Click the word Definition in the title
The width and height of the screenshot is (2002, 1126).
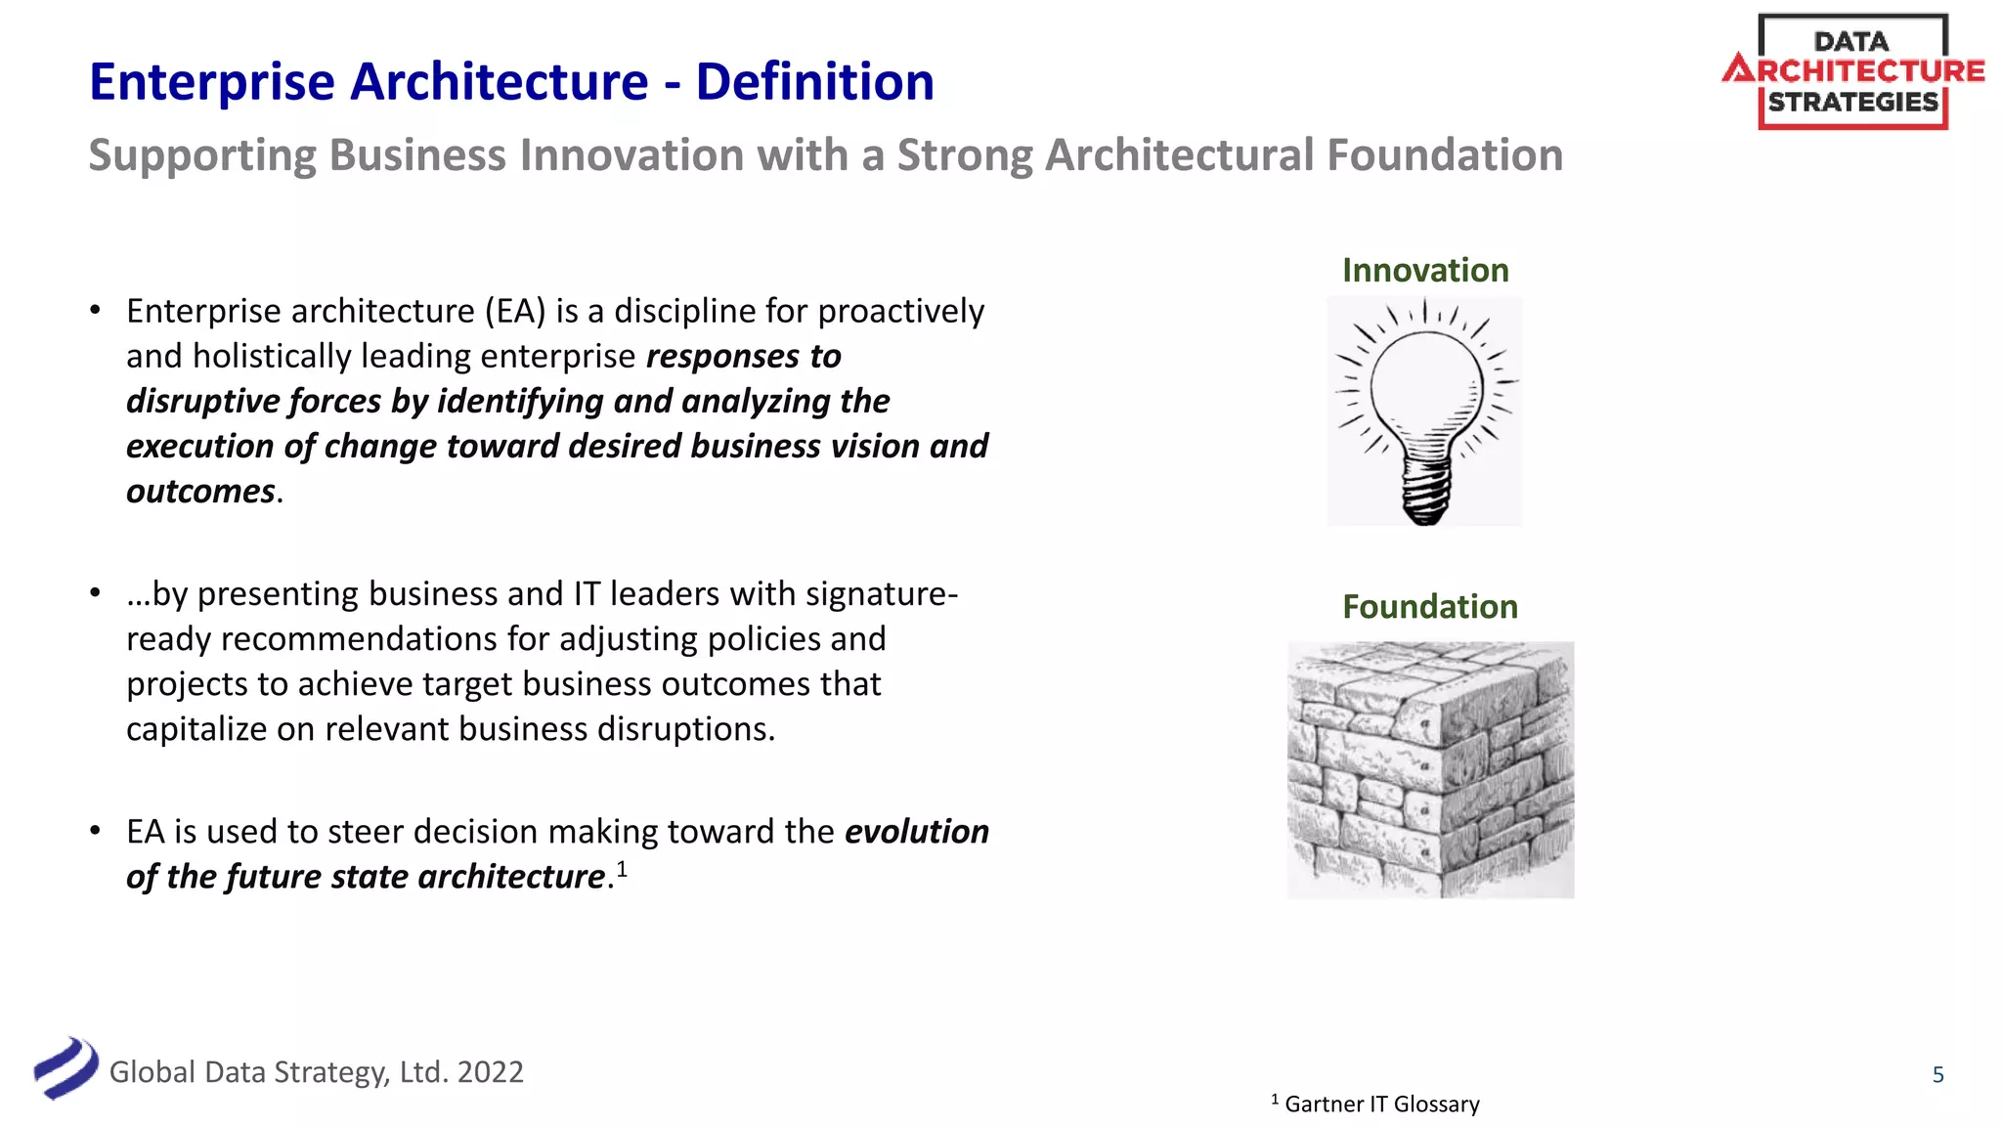tap(814, 82)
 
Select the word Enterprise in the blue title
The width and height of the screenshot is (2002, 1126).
tap(212, 82)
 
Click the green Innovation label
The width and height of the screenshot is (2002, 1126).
tap(1425, 271)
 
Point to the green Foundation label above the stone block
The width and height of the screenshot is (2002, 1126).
tap(1429, 607)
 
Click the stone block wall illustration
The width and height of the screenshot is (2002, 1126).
tap(1430, 769)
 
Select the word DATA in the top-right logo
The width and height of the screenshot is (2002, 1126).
tap(1851, 42)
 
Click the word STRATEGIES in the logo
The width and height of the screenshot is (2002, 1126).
tap(1852, 102)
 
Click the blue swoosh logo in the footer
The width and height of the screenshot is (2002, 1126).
tap(65, 1068)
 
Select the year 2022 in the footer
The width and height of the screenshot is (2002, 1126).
tap(490, 1072)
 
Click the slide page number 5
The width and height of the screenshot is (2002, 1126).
tap(1937, 1075)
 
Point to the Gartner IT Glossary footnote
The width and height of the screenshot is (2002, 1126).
tap(1380, 1104)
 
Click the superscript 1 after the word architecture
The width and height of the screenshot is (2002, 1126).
tap(622, 868)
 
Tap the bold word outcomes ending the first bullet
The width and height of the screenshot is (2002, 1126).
tap(200, 492)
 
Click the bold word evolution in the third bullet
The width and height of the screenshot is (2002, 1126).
tap(916, 832)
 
